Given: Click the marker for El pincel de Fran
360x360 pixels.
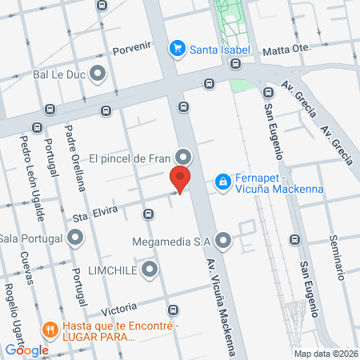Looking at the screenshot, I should pos(184,157).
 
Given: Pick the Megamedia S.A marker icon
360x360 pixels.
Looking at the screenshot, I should pos(223,239).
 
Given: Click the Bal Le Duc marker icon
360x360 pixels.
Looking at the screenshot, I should pos(98,75).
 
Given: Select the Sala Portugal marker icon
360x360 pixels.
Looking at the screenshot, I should pos(75,238).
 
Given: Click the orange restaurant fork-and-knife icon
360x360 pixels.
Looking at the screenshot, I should pos(50,329).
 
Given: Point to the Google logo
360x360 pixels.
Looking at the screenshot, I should pos(26,350).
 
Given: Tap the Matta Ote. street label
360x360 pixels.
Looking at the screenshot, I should pos(286,49).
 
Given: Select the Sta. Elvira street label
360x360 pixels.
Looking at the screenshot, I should pos(94,211).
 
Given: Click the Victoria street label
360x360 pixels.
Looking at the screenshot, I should pos(119,306).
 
